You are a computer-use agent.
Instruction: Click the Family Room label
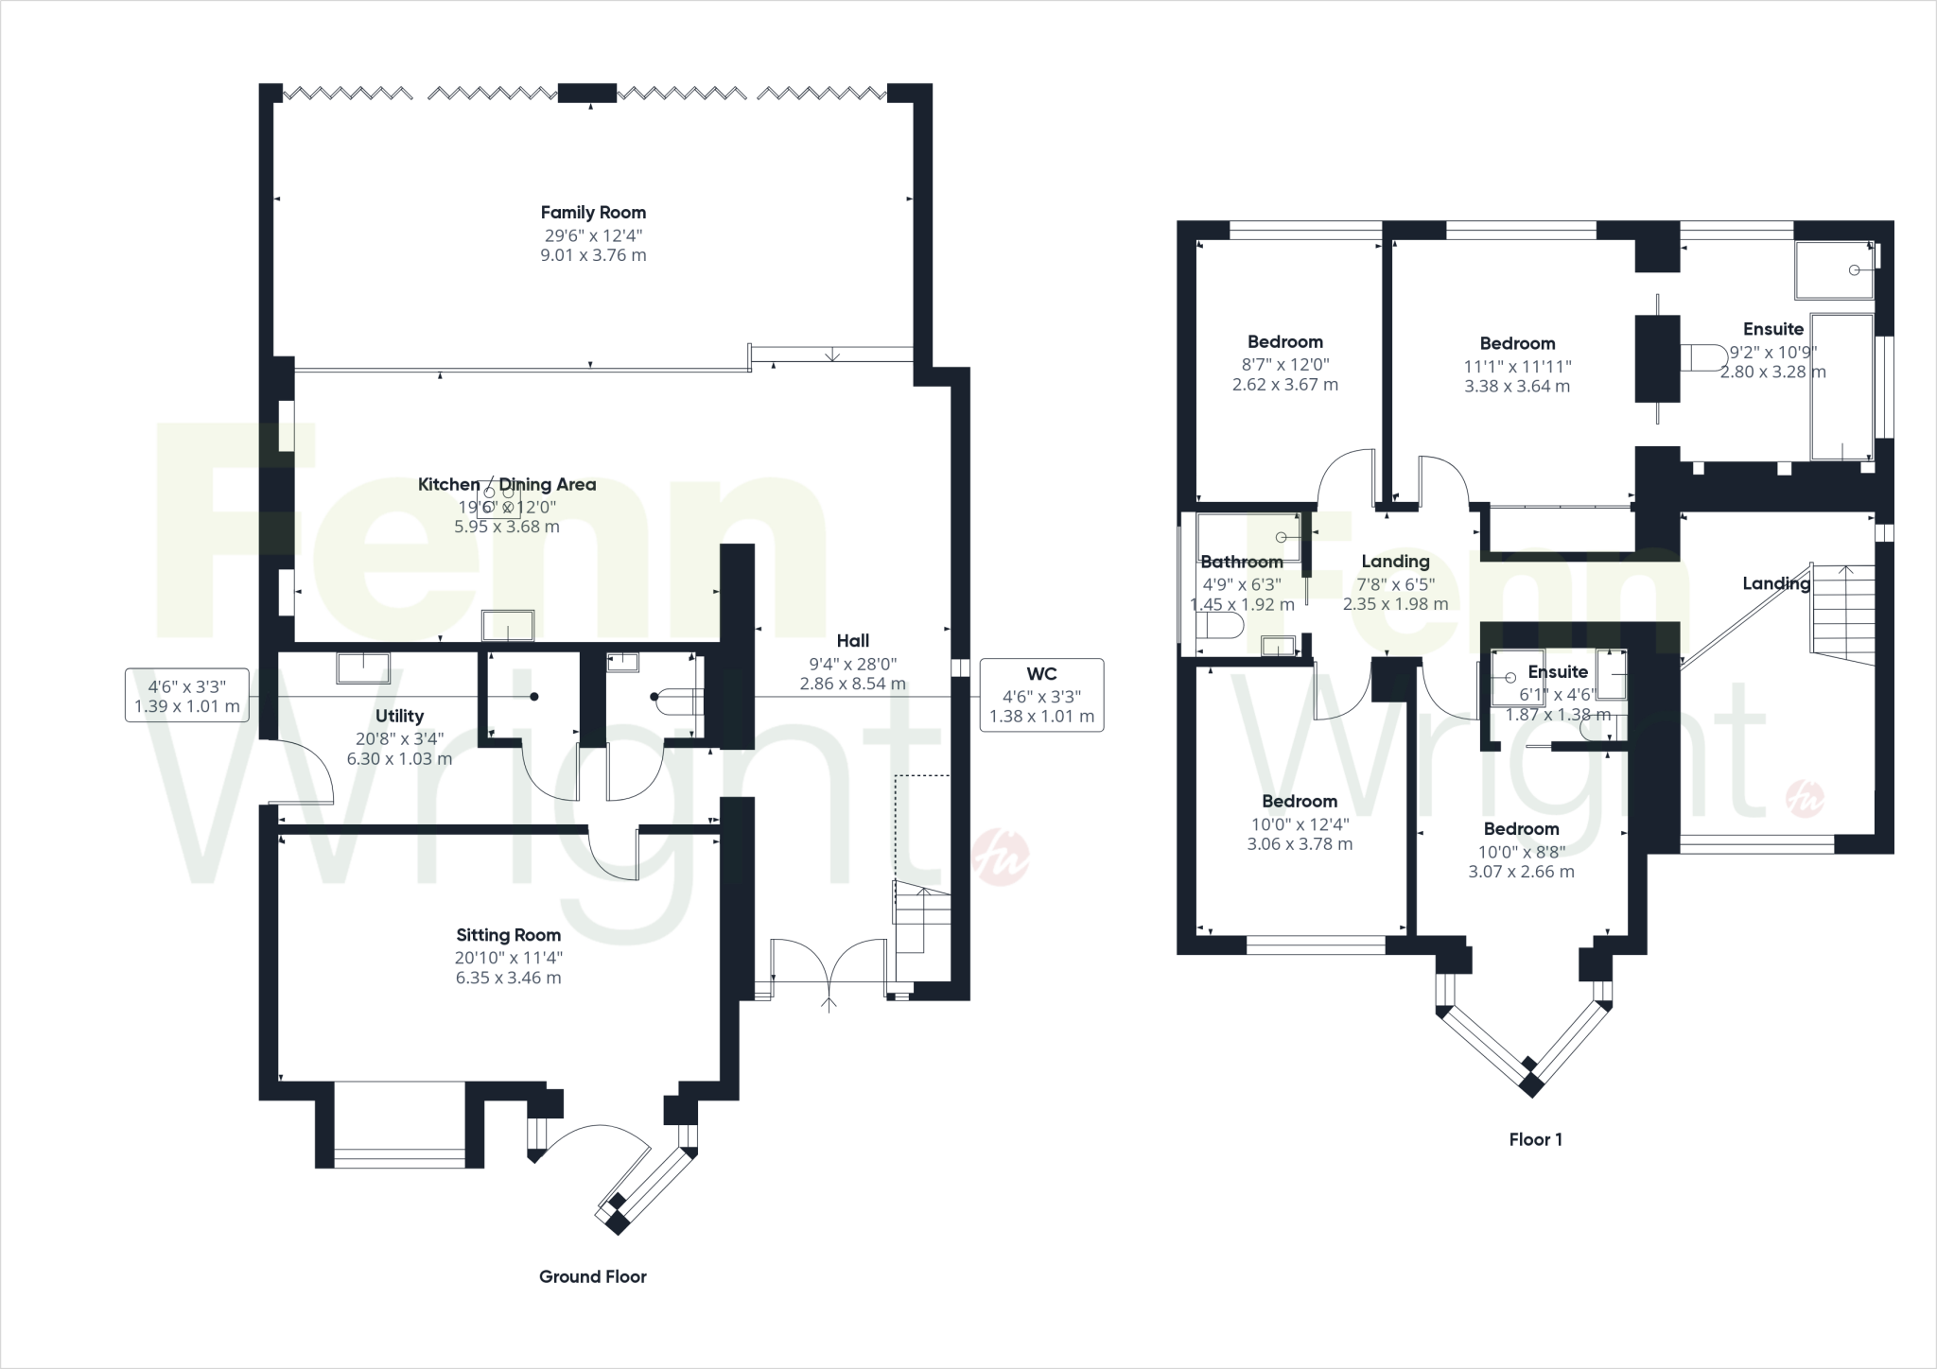click(593, 213)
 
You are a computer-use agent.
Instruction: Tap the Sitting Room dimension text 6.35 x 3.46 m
click(508, 978)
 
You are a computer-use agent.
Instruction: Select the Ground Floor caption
click(592, 1276)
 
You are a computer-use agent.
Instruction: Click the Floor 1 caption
click(1535, 1139)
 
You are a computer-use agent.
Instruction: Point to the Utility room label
click(399, 716)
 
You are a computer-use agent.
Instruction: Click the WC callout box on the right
click(1041, 695)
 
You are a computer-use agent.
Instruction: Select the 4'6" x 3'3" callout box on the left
click(186, 695)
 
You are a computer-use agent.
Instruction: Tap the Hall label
click(852, 640)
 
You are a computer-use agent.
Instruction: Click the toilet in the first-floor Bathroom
click(1218, 627)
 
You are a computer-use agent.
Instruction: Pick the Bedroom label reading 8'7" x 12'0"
click(1284, 341)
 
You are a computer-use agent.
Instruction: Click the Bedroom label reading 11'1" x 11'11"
click(1516, 343)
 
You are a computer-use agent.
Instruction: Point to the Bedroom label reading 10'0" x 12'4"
click(1299, 801)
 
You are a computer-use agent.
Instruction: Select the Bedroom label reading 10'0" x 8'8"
click(1520, 828)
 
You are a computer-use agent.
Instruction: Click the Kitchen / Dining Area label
click(507, 484)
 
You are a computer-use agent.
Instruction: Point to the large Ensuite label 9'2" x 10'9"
click(1772, 329)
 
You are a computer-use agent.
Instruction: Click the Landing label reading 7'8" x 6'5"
click(1394, 561)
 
